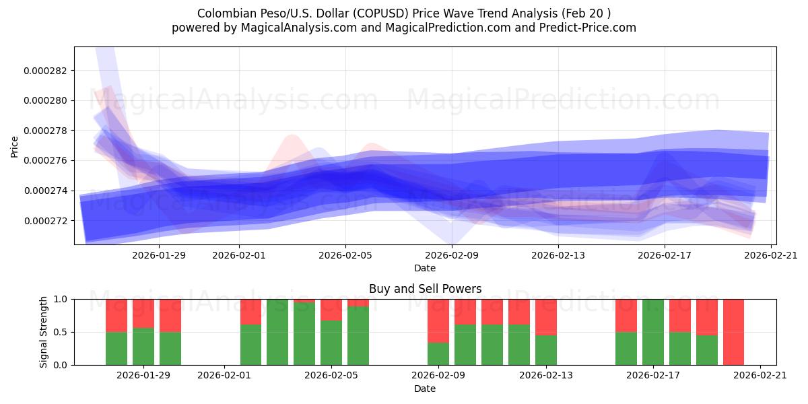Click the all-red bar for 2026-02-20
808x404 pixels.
(x=733, y=332)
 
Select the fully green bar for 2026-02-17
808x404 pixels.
(x=653, y=332)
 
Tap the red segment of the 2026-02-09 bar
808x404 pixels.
(x=438, y=321)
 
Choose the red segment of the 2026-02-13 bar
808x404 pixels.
(x=545, y=316)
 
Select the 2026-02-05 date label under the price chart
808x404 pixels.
(x=345, y=255)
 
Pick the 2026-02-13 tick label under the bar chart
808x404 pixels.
(x=545, y=376)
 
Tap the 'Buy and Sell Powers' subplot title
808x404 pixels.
(x=425, y=289)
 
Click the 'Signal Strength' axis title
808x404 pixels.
(x=44, y=332)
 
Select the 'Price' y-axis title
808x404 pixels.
(x=15, y=146)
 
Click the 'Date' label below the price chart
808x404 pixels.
(x=425, y=268)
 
